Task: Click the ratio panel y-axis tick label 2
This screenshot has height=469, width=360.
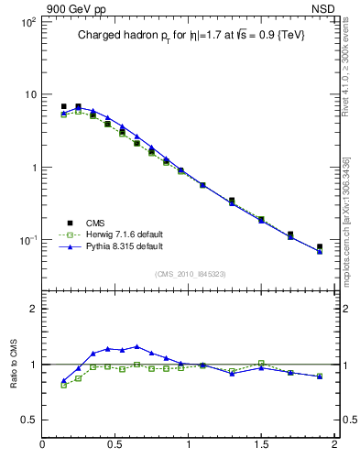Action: click(x=32, y=309)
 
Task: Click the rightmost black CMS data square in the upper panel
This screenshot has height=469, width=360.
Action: click(x=320, y=247)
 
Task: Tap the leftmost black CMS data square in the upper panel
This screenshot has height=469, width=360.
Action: click(x=63, y=106)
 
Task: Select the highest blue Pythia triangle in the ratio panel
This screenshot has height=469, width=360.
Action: click(x=136, y=346)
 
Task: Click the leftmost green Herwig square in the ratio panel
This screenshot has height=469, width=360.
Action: click(x=63, y=385)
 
